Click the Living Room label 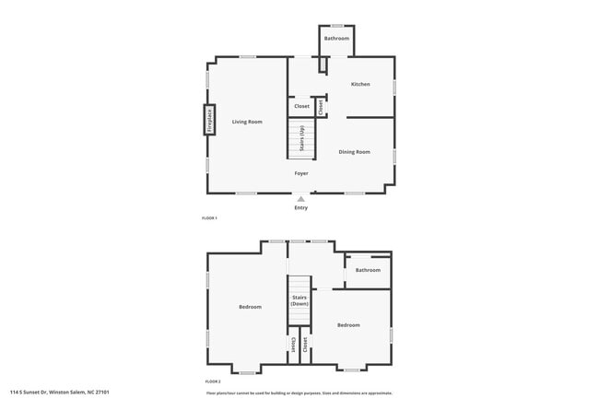(x=247, y=122)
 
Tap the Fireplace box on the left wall (x=209, y=121)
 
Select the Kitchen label (x=360, y=84)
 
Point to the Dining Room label (x=354, y=151)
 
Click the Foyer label (x=301, y=173)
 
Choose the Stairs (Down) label (x=299, y=300)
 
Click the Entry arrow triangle (x=300, y=198)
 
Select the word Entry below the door (x=301, y=207)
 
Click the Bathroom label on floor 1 (x=336, y=38)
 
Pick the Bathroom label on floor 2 (x=368, y=270)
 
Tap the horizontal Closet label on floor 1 (x=301, y=106)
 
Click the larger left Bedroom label (x=250, y=307)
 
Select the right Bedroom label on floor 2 (x=348, y=324)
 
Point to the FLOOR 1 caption (x=209, y=217)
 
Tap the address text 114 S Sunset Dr (x=60, y=393)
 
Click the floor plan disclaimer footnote (x=299, y=393)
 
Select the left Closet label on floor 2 (x=293, y=344)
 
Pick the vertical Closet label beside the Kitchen (x=321, y=106)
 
